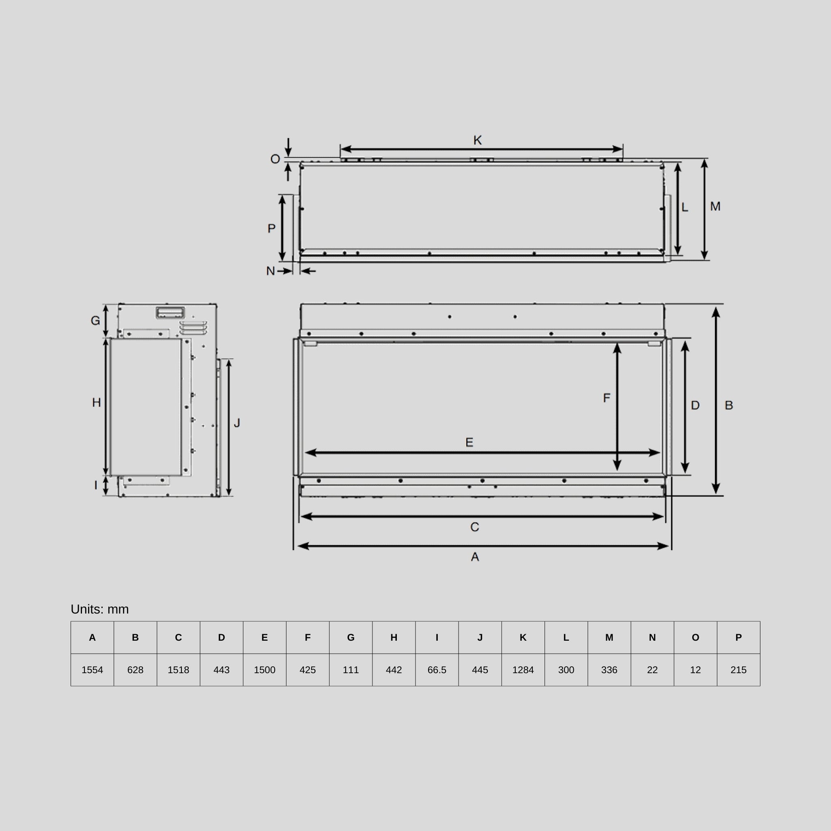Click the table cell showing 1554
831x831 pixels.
point(92,670)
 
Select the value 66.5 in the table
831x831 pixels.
point(437,670)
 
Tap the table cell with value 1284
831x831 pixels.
point(523,670)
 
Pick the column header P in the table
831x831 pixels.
point(738,637)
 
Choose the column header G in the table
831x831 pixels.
point(351,637)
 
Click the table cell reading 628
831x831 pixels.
point(135,670)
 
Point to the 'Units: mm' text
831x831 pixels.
point(99,609)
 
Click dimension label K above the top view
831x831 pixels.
point(478,140)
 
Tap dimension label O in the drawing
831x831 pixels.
point(275,159)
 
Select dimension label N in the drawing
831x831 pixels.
point(270,271)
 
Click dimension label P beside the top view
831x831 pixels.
point(271,228)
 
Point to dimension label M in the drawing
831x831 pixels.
point(715,207)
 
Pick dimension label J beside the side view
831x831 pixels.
point(237,423)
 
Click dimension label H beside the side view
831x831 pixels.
point(96,403)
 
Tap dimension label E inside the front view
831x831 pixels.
point(469,442)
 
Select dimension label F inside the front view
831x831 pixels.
point(606,398)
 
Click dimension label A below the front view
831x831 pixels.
point(475,557)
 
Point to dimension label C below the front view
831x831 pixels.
point(474,527)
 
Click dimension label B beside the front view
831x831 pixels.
point(729,405)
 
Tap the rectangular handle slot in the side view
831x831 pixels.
point(170,312)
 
